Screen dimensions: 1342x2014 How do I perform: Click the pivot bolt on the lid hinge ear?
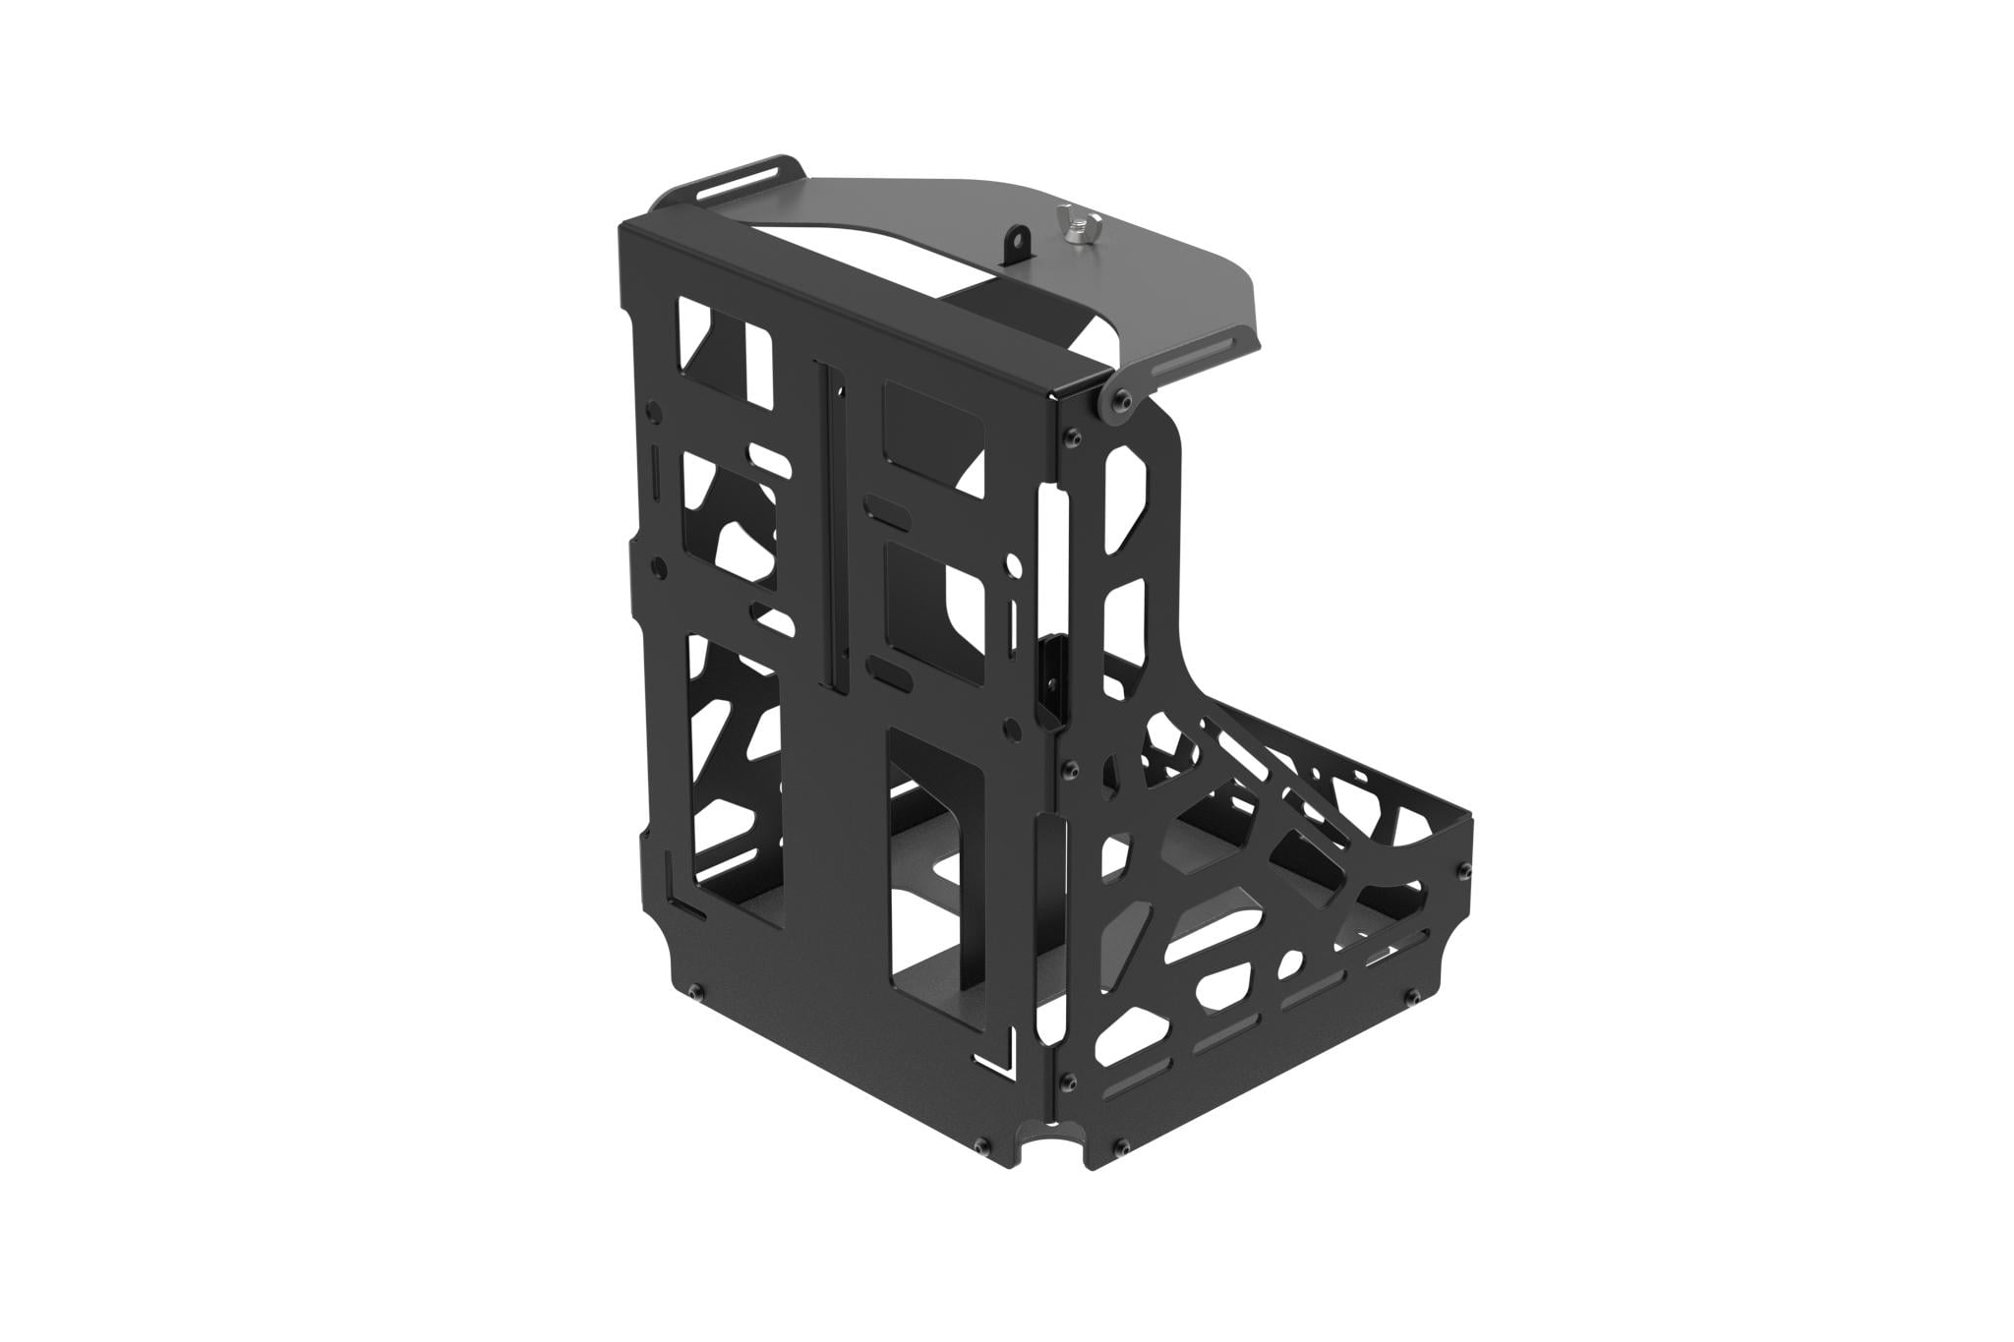1121,396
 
